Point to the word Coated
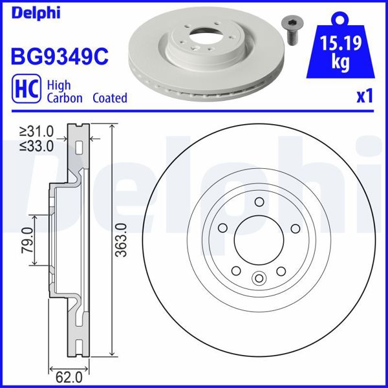click(109, 98)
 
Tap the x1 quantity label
click(365, 96)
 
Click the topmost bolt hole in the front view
click(259, 202)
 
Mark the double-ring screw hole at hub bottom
click(259, 279)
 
